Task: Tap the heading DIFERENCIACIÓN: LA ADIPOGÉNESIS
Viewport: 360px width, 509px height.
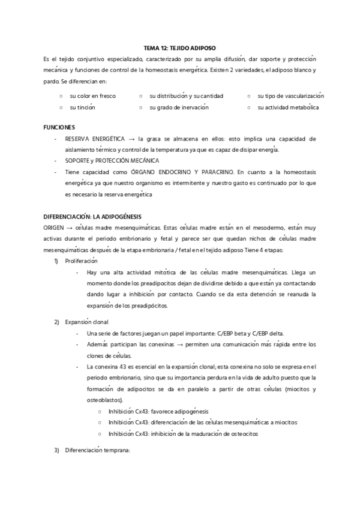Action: point(92,215)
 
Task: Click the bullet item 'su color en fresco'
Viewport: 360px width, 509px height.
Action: point(92,96)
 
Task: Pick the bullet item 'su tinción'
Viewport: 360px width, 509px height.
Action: point(82,107)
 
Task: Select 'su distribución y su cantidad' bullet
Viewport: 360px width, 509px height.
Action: point(186,96)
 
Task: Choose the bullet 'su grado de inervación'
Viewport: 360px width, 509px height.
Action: point(179,107)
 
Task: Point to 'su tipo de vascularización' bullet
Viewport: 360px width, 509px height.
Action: point(290,96)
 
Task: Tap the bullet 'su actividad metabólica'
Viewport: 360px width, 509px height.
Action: point(288,107)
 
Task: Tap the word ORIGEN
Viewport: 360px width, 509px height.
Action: point(54,226)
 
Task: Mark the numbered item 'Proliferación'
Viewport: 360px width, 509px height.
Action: point(81,261)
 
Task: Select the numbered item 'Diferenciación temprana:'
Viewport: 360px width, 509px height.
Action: point(97,450)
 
